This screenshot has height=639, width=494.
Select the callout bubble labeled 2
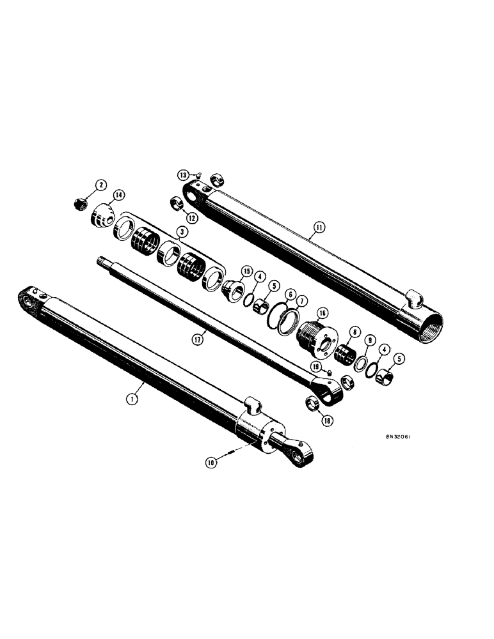point(100,185)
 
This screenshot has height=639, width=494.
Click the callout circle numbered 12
point(191,217)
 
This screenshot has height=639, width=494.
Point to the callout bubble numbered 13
point(183,174)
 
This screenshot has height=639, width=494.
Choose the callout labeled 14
point(118,194)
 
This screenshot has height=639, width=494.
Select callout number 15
point(246,271)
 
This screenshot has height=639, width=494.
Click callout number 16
point(321,312)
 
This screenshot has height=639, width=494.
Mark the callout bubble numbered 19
point(316,366)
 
